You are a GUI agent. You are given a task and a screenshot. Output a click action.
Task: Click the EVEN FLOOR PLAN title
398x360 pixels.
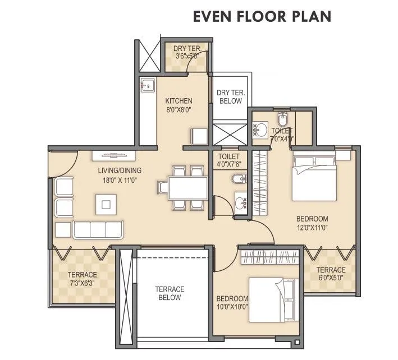262,16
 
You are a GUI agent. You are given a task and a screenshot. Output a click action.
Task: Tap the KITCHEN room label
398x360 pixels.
179,101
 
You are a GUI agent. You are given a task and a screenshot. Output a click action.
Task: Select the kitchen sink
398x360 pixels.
148,86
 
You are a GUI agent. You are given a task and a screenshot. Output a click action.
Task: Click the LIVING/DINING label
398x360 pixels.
119,170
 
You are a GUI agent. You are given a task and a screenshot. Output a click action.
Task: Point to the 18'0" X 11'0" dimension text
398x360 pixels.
119,180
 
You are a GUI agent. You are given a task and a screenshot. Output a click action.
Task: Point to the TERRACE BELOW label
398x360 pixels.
170,293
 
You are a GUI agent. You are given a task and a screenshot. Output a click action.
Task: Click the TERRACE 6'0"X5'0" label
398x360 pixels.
331,274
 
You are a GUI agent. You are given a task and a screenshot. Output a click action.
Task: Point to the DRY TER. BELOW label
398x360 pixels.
229,96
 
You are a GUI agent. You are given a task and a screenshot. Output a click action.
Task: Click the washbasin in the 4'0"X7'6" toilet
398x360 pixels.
240,203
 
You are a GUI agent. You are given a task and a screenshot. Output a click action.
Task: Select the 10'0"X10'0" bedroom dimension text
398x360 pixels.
232,307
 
